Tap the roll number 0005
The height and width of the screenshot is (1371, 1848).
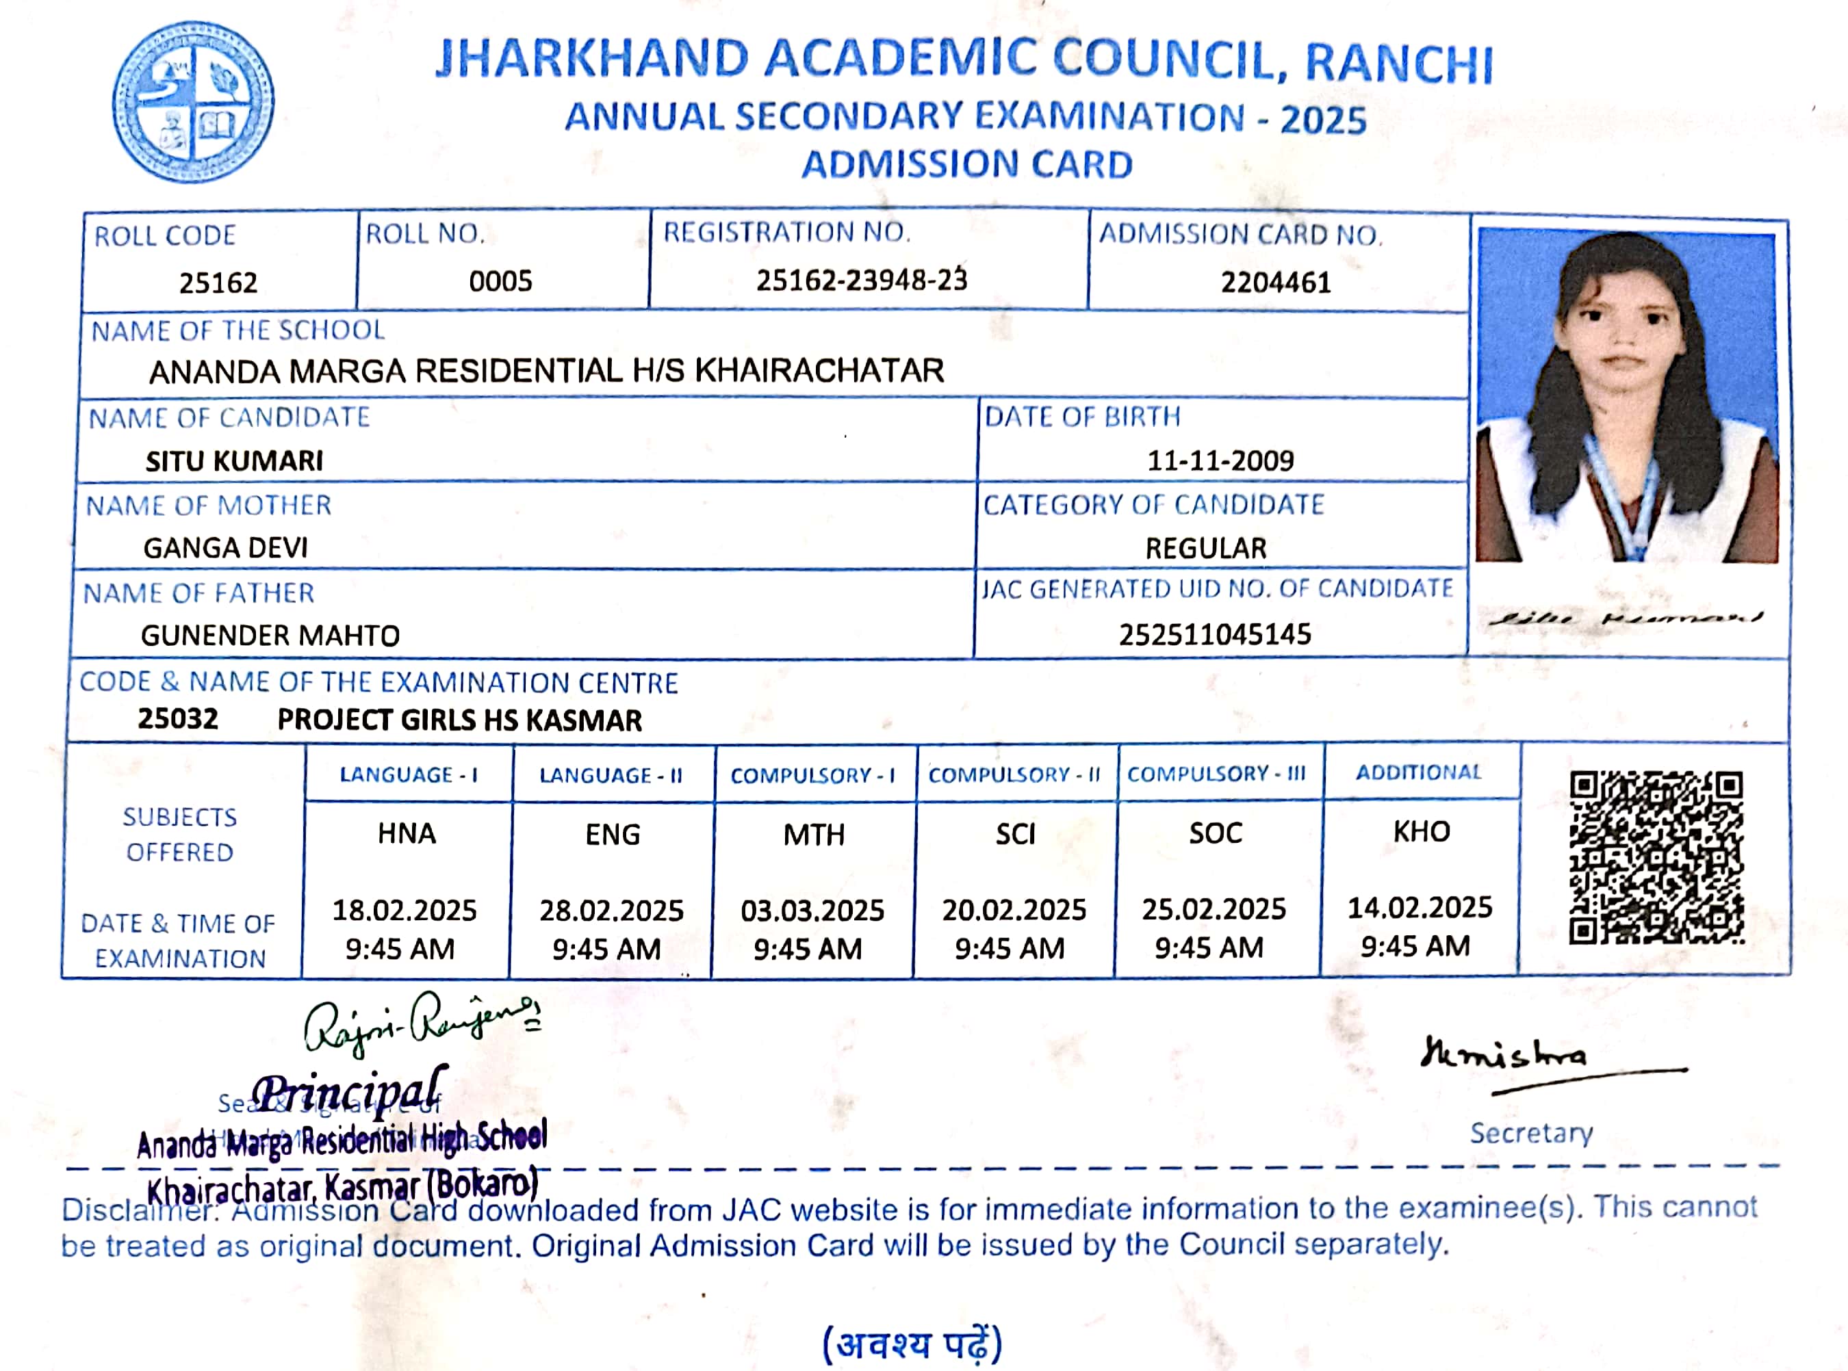point(500,281)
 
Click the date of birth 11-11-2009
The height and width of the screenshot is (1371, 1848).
point(1220,460)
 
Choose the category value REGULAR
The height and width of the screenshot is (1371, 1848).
point(1205,549)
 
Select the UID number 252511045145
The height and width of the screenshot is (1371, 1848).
point(1215,635)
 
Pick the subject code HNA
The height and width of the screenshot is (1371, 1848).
point(406,833)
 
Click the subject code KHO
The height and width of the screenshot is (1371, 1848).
point(1422,832)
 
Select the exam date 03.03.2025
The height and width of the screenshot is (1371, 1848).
point(812,911)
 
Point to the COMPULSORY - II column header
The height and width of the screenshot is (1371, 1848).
point(1014,775)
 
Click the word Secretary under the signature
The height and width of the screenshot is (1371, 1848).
point(1531,1134)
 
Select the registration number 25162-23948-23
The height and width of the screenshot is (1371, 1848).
point(861,281)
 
